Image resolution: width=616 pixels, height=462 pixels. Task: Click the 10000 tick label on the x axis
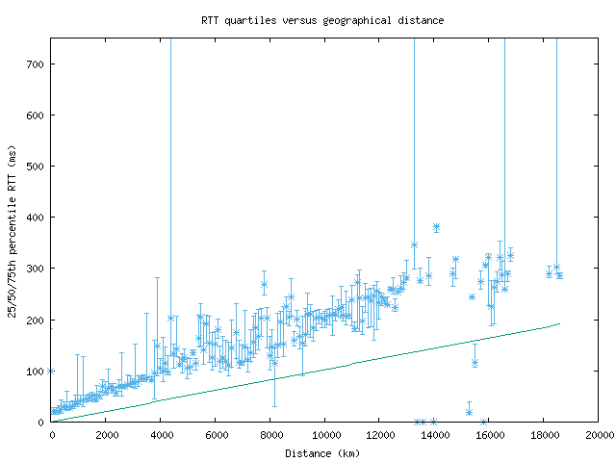coord(325,435)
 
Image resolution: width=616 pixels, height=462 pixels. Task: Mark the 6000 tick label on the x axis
coord(216,435)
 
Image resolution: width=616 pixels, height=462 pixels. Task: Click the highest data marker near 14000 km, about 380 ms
coord(436,227)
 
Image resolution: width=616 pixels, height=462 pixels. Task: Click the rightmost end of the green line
coord(559,323)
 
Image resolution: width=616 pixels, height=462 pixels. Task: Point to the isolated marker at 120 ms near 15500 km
coord(475,362)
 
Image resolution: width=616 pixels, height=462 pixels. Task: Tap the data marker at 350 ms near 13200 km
coord(414,244)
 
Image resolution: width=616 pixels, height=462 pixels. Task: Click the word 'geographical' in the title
coord(348,19)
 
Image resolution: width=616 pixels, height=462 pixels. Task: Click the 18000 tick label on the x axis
coord(544,435)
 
